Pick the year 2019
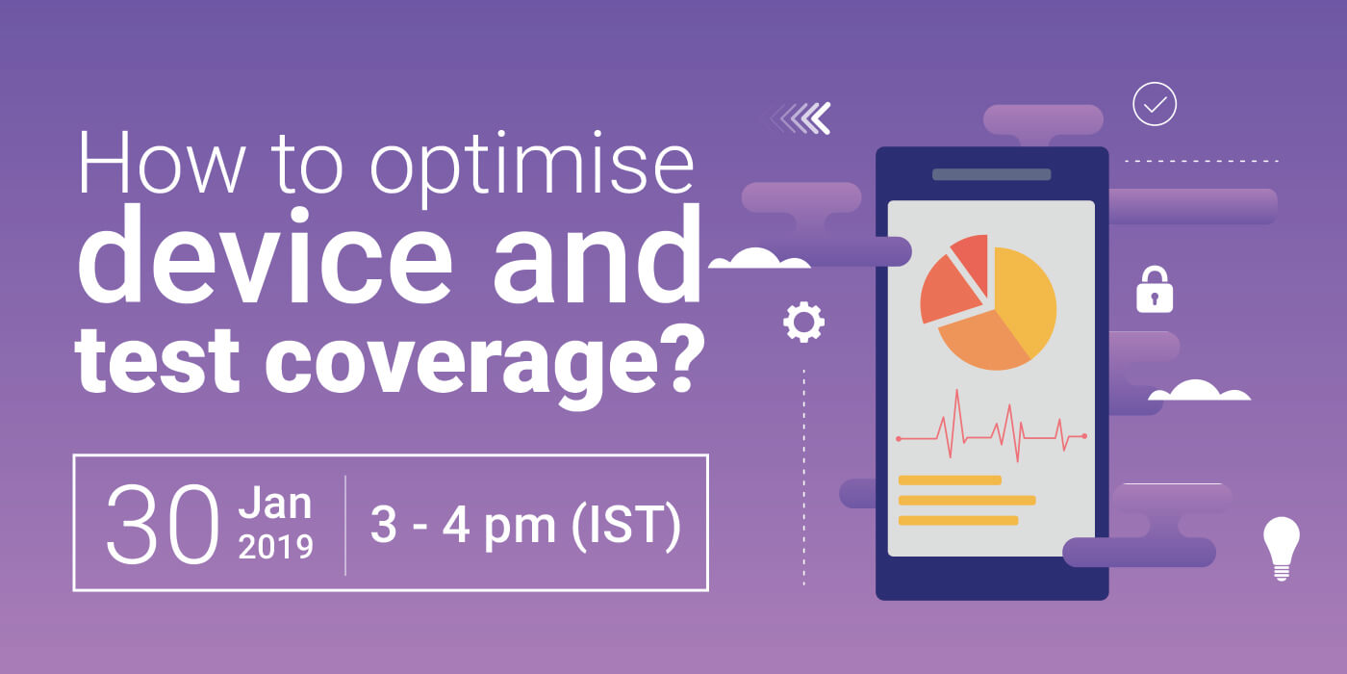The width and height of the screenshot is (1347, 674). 275,547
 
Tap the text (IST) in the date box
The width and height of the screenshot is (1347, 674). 626,526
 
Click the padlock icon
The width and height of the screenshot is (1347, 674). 1155,291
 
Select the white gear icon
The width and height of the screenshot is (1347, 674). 803,323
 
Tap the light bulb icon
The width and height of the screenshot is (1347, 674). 1281,546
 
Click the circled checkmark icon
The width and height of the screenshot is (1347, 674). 1155,104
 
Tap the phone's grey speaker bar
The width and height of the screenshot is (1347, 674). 991,174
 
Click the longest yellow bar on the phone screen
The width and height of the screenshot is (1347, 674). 966,501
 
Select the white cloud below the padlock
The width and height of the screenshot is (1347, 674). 1199,391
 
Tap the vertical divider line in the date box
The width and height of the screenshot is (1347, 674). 345,524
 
